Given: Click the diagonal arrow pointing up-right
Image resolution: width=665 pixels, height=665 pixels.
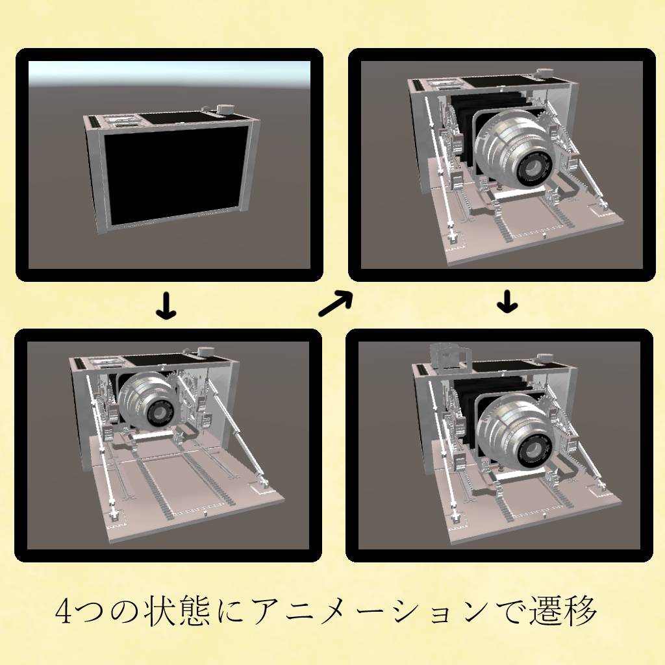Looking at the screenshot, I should click(335, 304).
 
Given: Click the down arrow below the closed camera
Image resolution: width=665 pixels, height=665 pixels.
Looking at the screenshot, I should click(167, 307).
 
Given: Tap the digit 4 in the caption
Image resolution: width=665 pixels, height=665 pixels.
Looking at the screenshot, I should click(65, 611).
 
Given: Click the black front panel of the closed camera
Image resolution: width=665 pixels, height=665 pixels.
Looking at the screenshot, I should click(174, 173).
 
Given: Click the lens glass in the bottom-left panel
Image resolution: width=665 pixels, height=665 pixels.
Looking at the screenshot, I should click(159, 413).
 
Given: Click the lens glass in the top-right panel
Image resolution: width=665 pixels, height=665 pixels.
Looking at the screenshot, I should click(535, 169).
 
